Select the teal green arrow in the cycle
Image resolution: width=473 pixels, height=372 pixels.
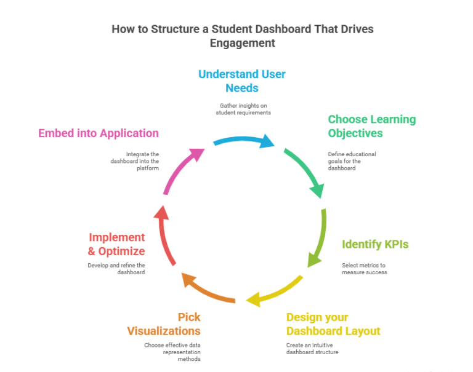pos(305,169)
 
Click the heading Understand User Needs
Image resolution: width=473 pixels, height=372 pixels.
pos(241,81)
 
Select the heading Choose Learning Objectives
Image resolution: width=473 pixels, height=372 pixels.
pos(371,126)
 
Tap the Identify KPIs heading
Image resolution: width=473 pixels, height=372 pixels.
pos(375,244)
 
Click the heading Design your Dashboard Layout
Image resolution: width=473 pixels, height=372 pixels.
pos(333,324)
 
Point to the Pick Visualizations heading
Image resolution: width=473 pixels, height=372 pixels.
pos(164,324)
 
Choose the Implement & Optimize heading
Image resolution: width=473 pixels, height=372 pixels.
pos(117,244)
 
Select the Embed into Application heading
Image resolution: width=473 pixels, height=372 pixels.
pos(99,133)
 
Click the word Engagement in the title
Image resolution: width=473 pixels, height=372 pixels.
pos(242,43)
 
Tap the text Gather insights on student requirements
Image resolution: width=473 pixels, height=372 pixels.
pos(243,109)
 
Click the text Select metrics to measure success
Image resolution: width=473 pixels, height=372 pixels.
pos(365,269)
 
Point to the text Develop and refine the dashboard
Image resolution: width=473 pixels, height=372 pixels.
pos(116,269)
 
